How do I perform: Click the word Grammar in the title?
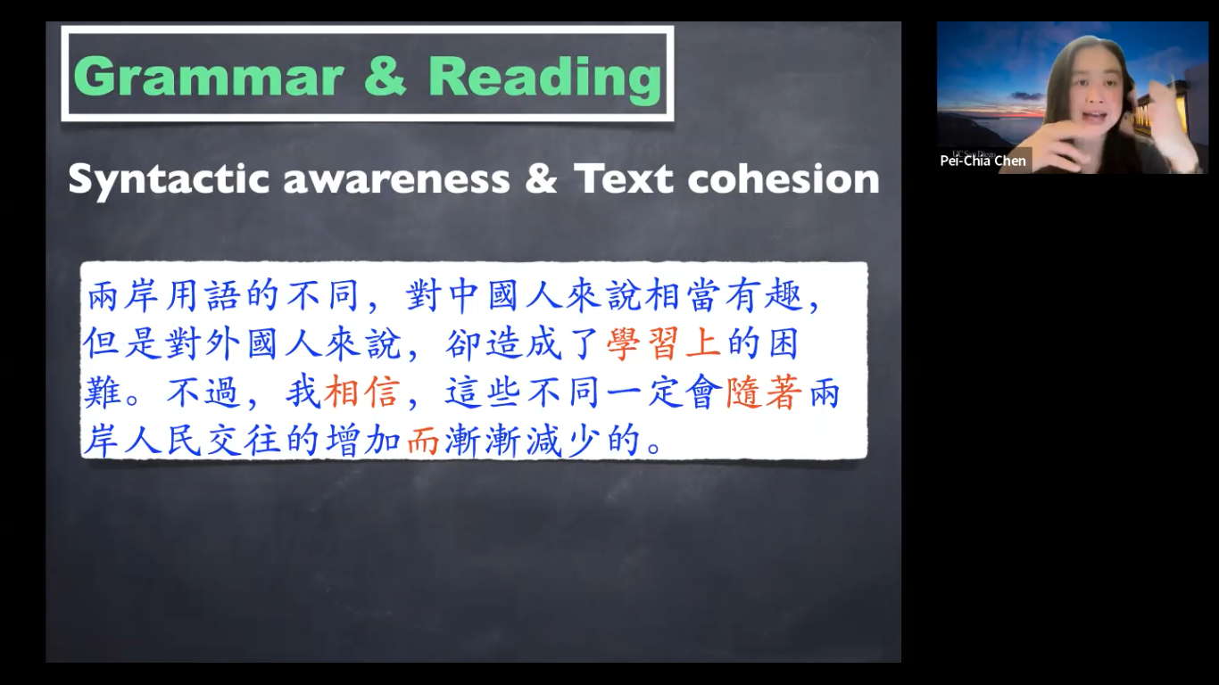click(x=209, y=77)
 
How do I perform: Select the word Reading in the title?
click(x=544, y=77)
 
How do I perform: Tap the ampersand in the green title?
click(x=386, y=77)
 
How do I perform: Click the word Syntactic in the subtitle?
click(x=168, y=179)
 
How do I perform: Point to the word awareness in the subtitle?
click(x=396, y=179)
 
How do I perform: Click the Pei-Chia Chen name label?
click(x=983, y=161)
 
